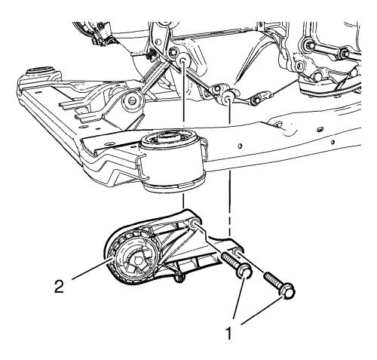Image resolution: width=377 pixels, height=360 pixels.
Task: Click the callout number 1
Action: [x=228, y=333]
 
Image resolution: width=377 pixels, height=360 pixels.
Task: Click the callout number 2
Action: [x=60, y=287]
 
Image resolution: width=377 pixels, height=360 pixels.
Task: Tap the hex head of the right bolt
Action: [x=288, y=293]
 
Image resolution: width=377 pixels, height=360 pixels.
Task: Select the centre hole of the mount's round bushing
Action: [x=137, y=262]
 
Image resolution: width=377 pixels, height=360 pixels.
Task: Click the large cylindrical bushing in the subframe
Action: [x=172, y=161]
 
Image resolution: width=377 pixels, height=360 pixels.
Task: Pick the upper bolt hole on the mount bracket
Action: [x=195, y=223]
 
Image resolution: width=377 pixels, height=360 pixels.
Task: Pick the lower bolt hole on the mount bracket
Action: [x=238, y=251]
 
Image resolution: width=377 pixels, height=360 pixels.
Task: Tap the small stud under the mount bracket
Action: [x=179, y=278]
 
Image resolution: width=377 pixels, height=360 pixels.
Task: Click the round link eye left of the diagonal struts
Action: [x=132, y=101]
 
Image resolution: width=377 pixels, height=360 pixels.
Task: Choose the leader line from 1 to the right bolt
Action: [x=262, y=311]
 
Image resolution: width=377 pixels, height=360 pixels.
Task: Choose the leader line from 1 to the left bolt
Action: [x=240, y=300]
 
